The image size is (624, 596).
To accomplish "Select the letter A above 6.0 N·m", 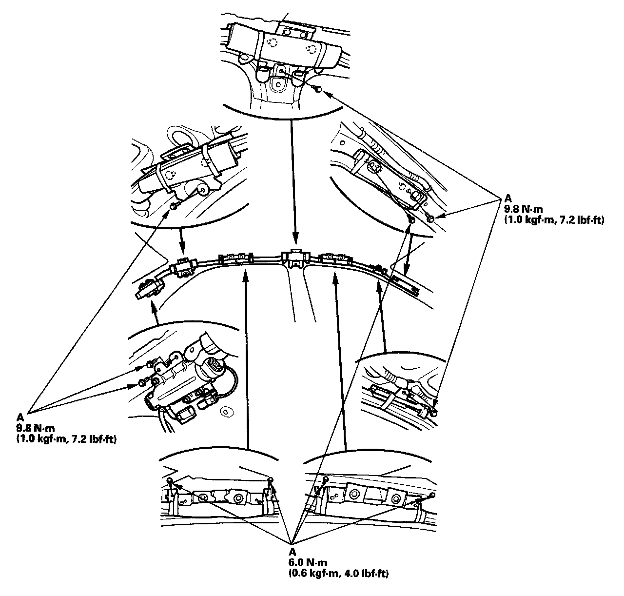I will pos(292,552).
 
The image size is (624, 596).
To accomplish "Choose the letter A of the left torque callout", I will pos(20,417).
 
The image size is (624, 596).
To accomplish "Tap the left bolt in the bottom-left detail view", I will pos(169,481).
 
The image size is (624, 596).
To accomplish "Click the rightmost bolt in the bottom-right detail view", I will pos(432,495).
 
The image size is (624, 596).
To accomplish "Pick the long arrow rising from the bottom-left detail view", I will pos(247,361).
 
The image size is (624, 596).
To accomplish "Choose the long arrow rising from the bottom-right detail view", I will pos(340,361).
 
